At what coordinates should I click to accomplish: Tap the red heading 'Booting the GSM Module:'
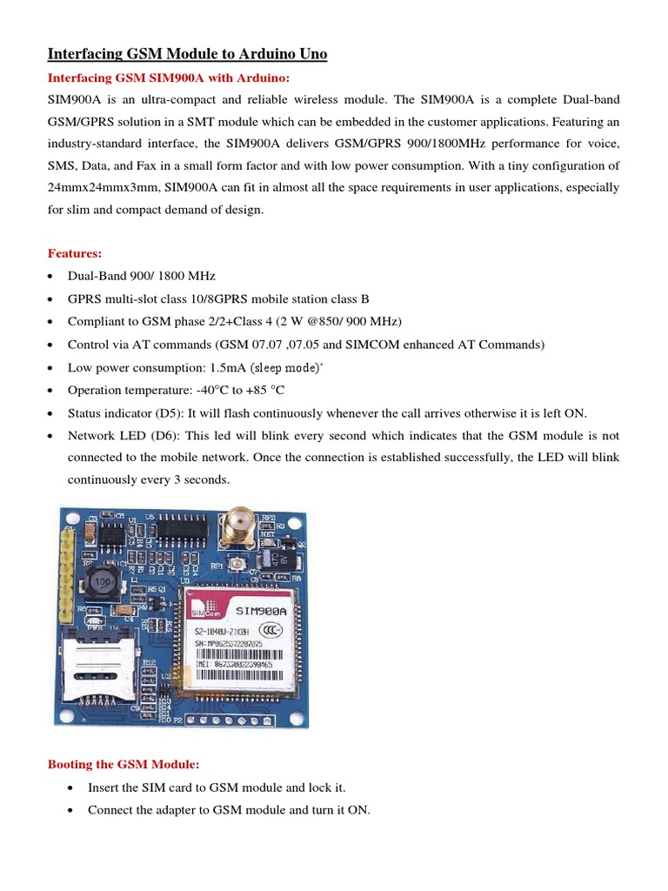[x=123, y=764]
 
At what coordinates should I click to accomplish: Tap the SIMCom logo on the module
[x=202, y=610]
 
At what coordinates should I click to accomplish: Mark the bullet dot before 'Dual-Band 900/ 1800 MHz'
[x=53, y=277]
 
